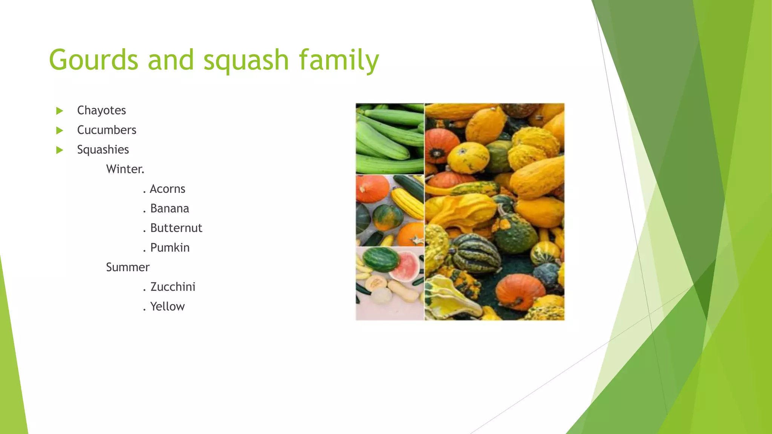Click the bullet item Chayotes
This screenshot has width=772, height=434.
click(101, 110)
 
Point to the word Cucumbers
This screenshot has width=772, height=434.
click(107, 130)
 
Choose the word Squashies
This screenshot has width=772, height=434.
click(103, 150)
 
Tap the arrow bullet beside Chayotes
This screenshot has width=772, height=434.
click(60, 111)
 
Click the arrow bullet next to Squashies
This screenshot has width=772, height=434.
click(60, 150)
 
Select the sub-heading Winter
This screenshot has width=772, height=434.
click(125, 169)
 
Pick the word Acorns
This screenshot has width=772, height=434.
click(167, 189)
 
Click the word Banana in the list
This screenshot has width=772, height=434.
click(170, 208)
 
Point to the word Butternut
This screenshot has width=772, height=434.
click(176, 228)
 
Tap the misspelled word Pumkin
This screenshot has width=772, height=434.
click(170, 248)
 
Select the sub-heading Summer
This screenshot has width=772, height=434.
click(128, 267)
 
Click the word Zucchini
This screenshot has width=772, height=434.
click(173, 287)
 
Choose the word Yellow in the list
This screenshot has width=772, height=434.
click(167, 306)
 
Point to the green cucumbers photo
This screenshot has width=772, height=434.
click(390, 138)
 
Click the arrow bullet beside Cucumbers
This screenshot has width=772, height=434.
click(60, 130)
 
